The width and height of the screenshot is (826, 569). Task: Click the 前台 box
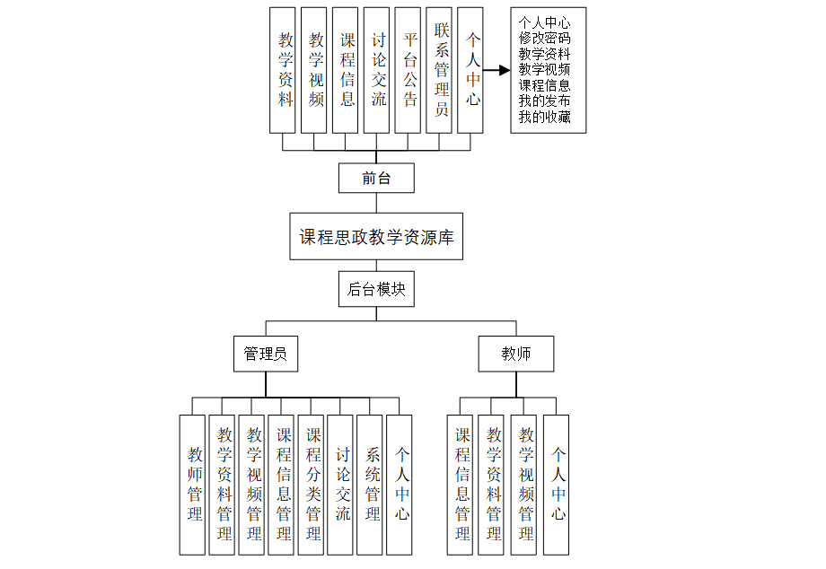pyautogui.click(x=376, y=178)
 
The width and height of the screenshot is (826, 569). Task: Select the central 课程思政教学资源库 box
pyautogui.click(x=376, y=237)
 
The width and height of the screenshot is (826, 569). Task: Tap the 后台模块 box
pyautogui.click(x=376, y=289)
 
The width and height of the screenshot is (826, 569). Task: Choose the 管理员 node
pyautogui.click(x=265, y=354)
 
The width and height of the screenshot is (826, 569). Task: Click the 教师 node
pyautogui.click(x=516, y=354)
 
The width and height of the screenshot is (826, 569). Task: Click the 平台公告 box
pyautogui.click(x=409, y=70)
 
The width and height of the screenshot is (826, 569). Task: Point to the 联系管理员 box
pyautogui.click(x=441, y=70)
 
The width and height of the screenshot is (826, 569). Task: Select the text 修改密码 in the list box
pyautogui.click(x=544, y=39)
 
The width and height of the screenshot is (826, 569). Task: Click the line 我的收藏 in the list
pyautogui.click(x=544, y=118)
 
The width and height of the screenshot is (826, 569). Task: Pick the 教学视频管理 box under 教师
pyautogui.click(x=526, y=484)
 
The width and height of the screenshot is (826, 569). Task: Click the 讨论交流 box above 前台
pyautogui.click(x=378, y=70)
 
